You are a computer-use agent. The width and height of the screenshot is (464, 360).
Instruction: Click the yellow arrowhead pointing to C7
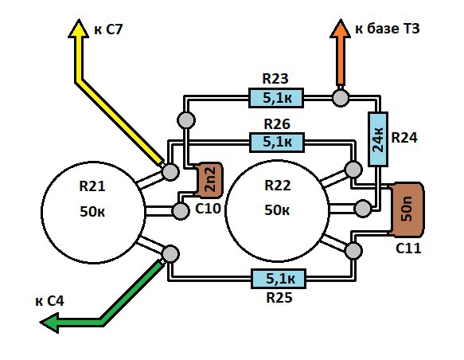pyautogui.click(x=79, y=29)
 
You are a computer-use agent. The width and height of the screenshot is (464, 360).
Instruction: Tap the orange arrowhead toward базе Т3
pyautogui.click(x=341, y=29)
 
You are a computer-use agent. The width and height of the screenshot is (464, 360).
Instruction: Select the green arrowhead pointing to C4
pyautogui.click(x=49, y=323)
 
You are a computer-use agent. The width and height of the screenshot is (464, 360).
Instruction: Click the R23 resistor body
pyautogui.click(x=276, y=98)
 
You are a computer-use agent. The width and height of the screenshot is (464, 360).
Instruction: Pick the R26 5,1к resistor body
pyautogui.click(x=277, y=143)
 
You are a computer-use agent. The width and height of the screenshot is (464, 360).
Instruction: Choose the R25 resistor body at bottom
pyautogui.click(x=279, y=279)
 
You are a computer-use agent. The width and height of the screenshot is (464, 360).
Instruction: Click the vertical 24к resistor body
pyautogui.click(x=378, y=139)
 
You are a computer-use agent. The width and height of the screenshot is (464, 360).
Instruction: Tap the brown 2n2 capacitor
pyautogui.click(x=209, y=180)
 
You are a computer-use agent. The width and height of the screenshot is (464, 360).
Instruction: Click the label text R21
pyautogui.click(x=92, y=186)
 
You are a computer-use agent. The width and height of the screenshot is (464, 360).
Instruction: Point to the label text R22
pyautogui.click(x=278, y=186)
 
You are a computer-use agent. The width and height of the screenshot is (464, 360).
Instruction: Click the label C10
pyautogui.click(x=208, y=209)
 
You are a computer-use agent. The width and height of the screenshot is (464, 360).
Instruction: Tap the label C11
pyautogui.click(x=408, y=248)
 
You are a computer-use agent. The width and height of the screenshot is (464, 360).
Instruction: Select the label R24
pyautogui.click(x=404, y=138)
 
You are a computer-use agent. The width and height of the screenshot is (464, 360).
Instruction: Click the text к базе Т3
pyautogui.click(x=387, y=29)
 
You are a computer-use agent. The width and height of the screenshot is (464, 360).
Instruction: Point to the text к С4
pyautogui.click(x=49, y=301)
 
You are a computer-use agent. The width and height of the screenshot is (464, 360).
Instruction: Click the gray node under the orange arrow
pyautogui.click(x=341, y=98)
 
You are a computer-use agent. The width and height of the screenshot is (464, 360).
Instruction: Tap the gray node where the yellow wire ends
pyautogui.click(x=170, y=172)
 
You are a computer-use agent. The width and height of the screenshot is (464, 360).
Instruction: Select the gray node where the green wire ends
pyautogui.click(x=170, y=254)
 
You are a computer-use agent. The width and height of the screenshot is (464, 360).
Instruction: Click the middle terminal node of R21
pyautogui.click(x=180, y=211)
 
